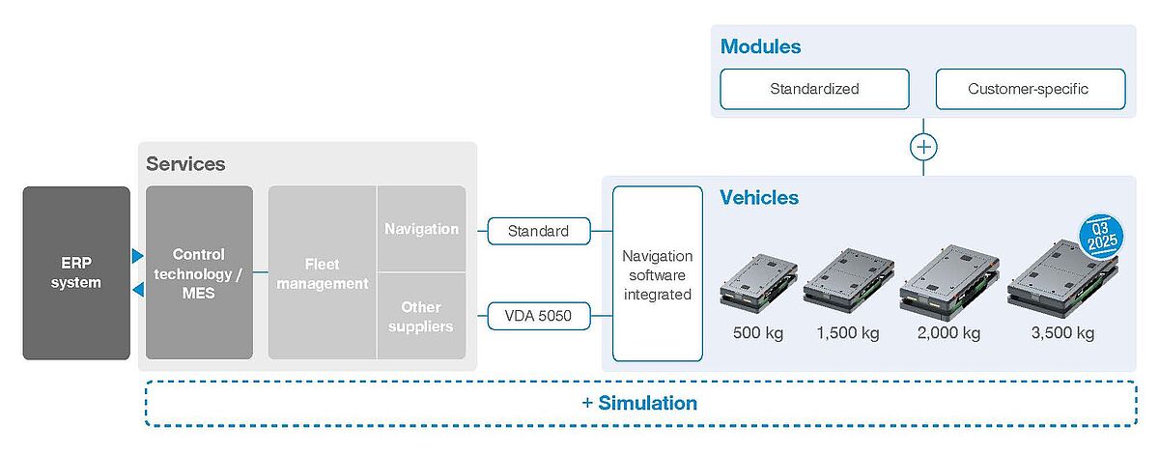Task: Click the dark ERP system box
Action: click(76, 272)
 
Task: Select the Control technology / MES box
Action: click(199, 272)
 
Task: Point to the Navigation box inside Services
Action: click(421, 229)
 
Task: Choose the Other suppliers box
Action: click(421, 316)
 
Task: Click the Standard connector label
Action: click(538, 231)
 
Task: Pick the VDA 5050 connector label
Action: click(538, 316)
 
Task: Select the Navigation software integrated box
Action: click(657, 273)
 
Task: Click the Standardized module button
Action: click(814, 89)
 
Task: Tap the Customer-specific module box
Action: click(1030, 89)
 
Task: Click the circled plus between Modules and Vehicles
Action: click(923, 147)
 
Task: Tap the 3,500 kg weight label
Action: click(1062, 333)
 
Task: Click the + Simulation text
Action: click(639, 403)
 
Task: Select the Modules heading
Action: click(761, 46)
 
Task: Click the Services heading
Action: click(185, 163)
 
